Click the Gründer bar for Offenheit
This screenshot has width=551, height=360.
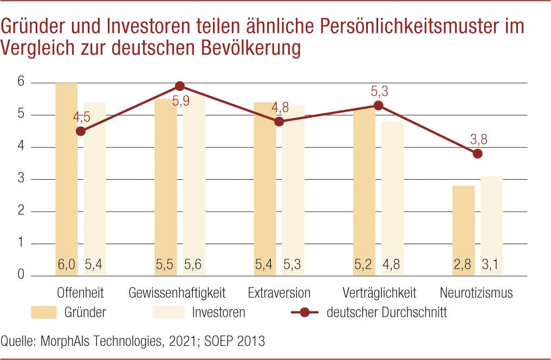(66, 179)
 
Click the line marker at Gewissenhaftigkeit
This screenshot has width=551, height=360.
(180, 86)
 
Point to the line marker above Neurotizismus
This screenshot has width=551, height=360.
(477, 154)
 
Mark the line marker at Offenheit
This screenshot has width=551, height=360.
(81, 131)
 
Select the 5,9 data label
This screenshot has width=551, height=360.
(181, 100)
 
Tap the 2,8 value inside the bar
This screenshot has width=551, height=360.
(463, 265)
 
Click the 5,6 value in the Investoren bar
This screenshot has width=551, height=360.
(194, 265)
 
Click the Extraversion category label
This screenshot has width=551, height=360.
(279, 293)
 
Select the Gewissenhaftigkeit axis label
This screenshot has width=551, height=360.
(177, 293)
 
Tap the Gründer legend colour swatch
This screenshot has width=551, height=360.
(44, 312)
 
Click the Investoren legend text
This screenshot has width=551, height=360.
(218, 312)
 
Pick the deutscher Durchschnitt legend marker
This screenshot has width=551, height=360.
(304, 312)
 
